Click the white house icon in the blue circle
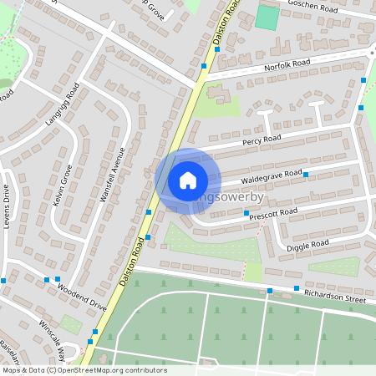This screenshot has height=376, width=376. [188, 180]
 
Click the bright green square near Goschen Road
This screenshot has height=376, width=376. [267, 18]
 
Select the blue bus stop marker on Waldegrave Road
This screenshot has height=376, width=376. [306, 175]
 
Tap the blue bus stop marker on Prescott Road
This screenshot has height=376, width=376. [246, 214]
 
